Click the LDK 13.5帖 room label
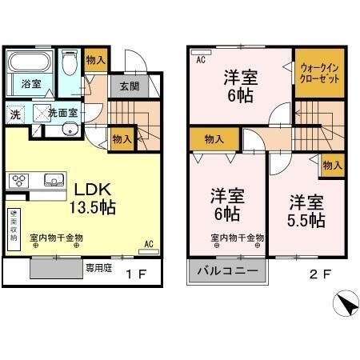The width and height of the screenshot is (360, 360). (95, 198)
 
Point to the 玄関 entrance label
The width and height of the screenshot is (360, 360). (130, 86)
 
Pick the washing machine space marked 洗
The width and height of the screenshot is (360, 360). (16, 114)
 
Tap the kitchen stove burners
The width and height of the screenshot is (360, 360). (18, 180)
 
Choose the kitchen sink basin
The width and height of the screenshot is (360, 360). (54, 178)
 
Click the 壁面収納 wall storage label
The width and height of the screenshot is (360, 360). (14, 222)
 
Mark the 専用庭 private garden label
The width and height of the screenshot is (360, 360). (96, 270)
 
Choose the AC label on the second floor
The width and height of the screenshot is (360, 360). (199, 59)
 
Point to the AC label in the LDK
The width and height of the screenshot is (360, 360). (149, 243)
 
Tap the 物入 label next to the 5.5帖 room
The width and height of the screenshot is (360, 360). (331, 165)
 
